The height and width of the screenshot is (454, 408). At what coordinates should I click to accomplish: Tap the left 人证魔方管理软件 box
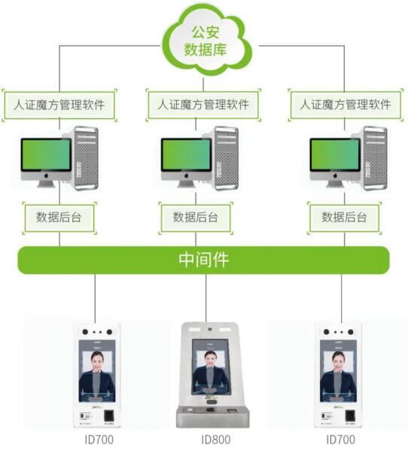[x=59, y=105]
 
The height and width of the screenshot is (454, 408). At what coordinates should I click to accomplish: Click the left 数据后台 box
[x=59, y=217]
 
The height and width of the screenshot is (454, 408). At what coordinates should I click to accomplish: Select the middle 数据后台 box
[x=196, y=217]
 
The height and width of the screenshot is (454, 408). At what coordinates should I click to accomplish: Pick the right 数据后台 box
[x=344, y=217]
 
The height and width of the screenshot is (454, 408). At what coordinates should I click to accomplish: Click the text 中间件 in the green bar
[x=203, y=261]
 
